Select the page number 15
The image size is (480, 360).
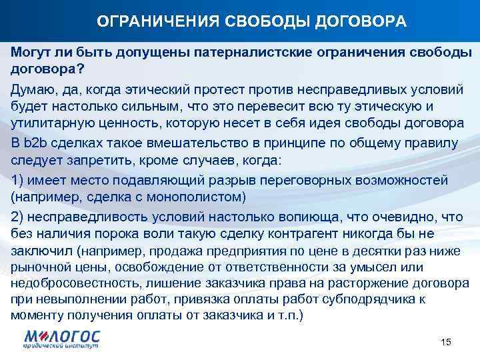tap(446, 342)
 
